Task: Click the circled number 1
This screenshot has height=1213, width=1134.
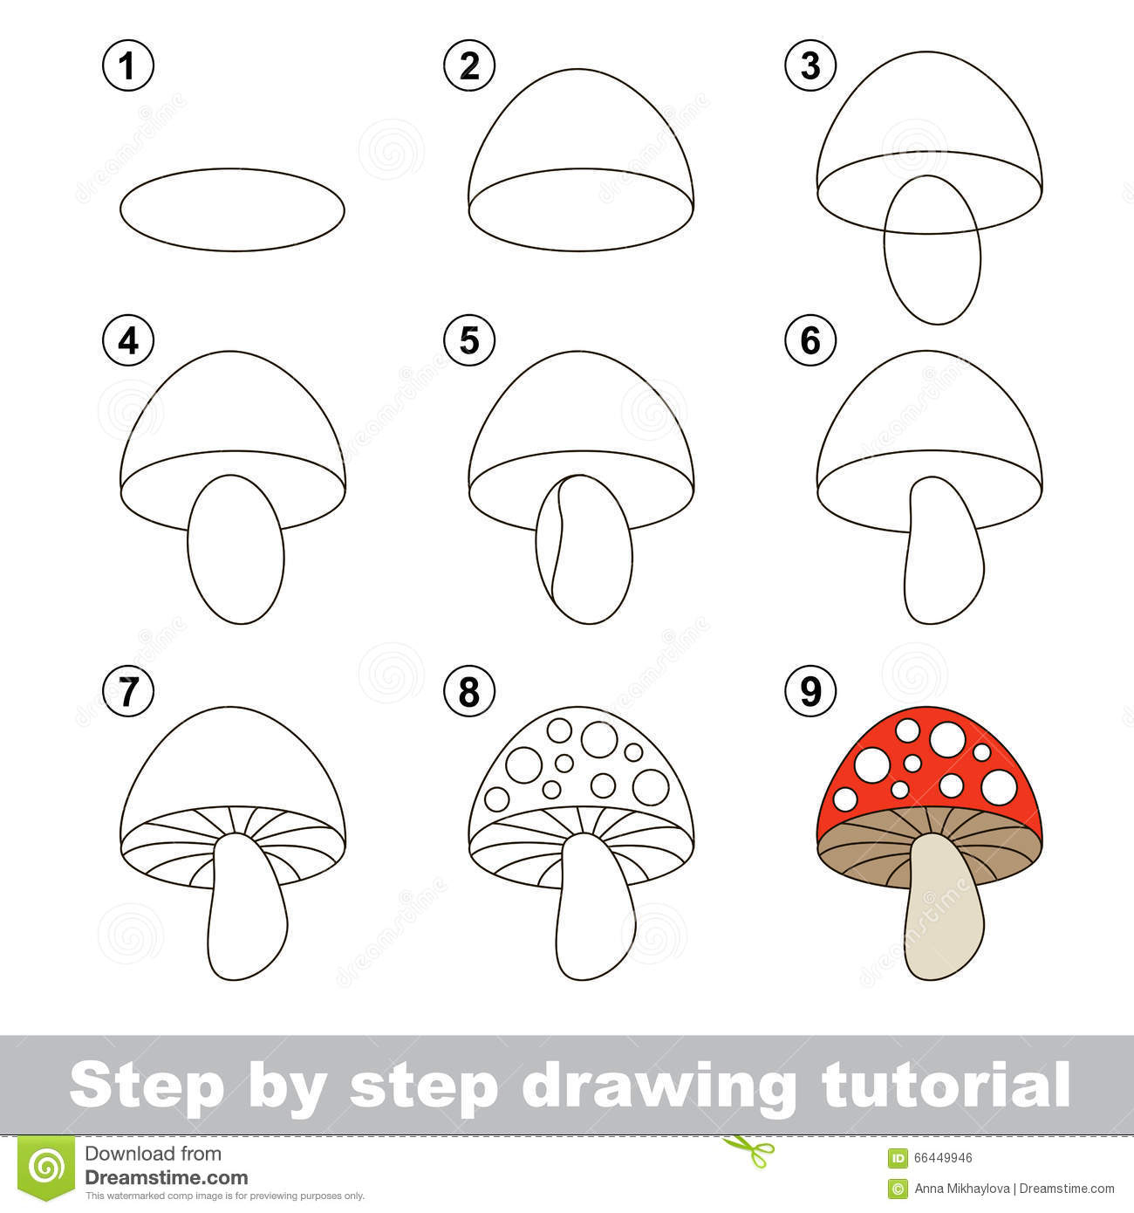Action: point(128,66)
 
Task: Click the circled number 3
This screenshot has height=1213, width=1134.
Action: point(810,66)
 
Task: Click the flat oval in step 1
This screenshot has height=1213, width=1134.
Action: point(232,209)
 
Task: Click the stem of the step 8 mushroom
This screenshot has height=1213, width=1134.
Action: point(593,916)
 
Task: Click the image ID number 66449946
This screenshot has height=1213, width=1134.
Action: point(943,1158)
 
